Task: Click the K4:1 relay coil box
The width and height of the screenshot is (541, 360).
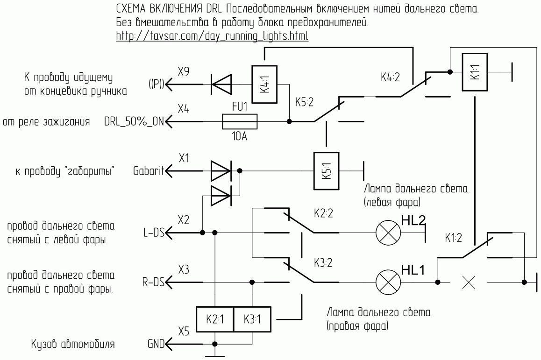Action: [x=264, y=85]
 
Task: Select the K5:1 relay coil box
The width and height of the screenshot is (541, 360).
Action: [x=327, y=171]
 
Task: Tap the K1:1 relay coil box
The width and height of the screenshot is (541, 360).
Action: [x=475, y=72]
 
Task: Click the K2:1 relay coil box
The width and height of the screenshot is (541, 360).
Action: [x=215, y=319]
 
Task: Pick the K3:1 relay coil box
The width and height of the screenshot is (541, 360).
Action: [x=252, y=319]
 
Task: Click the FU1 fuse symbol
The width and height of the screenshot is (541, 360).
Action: [x=240, y=121]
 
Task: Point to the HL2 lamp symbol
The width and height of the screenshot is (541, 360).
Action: [x=388, y=233]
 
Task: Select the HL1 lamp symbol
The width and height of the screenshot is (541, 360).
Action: [x=388, y=282]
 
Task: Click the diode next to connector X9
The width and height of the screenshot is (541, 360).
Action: [x=221, y=85]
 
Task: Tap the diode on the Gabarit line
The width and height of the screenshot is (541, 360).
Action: [x=221, y=171]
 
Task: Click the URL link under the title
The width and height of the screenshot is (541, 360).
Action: [x=212, y=36]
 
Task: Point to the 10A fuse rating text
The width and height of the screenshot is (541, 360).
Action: [x=240, y=136]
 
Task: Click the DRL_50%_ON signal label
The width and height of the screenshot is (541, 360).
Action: [x=134, y=122]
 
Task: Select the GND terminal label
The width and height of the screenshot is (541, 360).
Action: [x=156, y=344]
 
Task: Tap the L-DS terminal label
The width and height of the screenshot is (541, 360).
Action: [x=154, y=233]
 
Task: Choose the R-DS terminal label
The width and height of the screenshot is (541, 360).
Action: [x=153, y=282]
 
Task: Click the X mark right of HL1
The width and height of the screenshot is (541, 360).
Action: [x=469, y=282]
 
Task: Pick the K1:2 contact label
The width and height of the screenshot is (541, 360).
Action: [x=453, y=238]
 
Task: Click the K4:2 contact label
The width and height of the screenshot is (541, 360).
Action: [x=390, y=77]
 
